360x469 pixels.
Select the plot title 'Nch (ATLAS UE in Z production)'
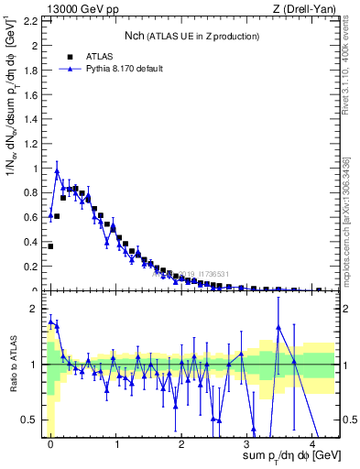192,36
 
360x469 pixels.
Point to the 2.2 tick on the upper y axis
35,20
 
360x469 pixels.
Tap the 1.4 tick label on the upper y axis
35,119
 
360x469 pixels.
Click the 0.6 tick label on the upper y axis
35,217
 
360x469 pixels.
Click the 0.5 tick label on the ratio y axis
35,420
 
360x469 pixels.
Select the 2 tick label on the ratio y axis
38,308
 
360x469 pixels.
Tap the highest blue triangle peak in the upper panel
57,169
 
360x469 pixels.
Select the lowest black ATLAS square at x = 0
50,245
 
